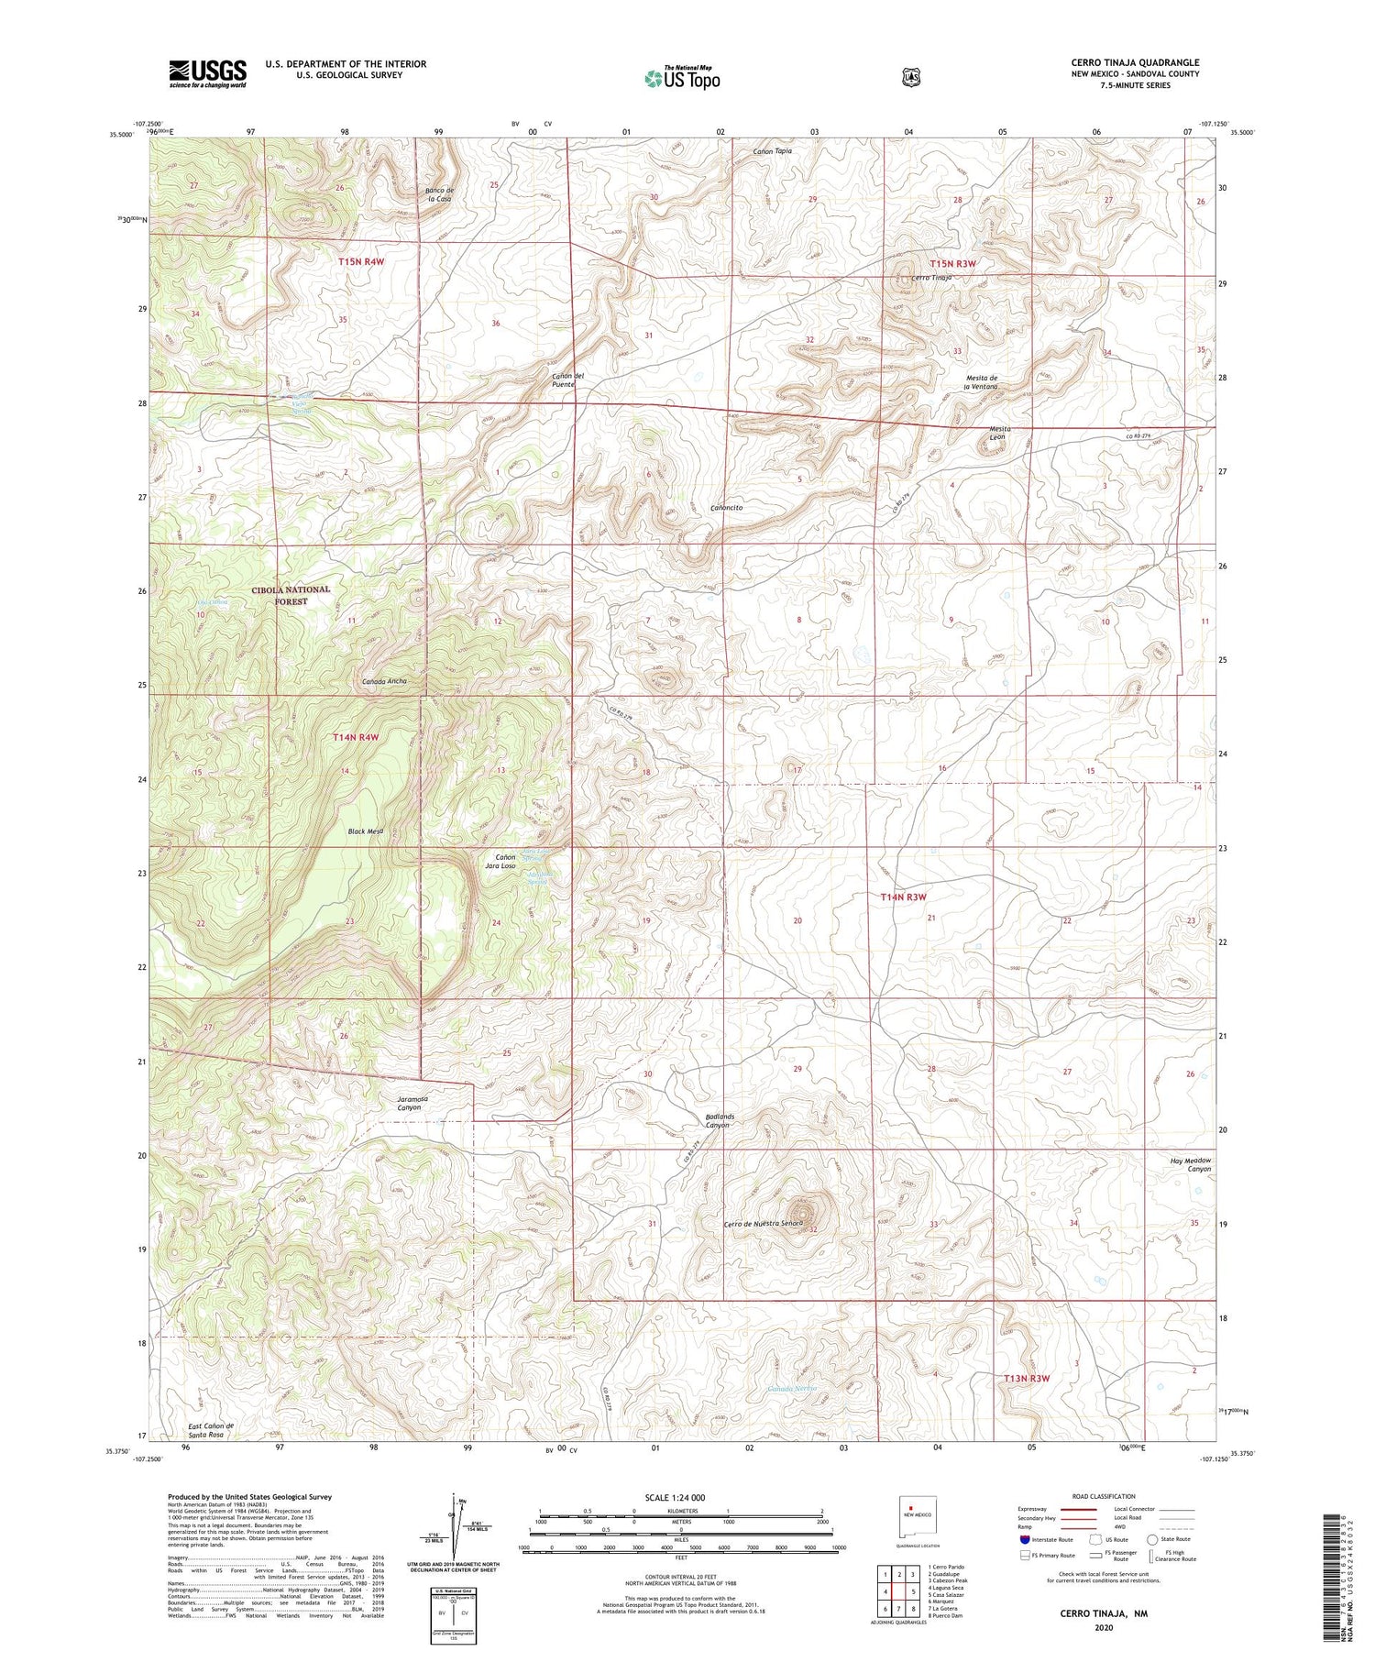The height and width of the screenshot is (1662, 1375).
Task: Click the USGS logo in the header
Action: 207,73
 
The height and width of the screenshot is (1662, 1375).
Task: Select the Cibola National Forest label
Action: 291,595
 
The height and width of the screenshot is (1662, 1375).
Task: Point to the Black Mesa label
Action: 365,831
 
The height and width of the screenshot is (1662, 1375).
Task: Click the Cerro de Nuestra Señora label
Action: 764,1225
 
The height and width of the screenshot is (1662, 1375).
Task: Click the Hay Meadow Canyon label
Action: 1191,1164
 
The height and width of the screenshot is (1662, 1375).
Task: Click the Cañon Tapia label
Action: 772,150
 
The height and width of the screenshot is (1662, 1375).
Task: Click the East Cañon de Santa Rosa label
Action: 211,1430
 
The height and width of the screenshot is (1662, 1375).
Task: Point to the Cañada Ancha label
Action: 384,681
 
